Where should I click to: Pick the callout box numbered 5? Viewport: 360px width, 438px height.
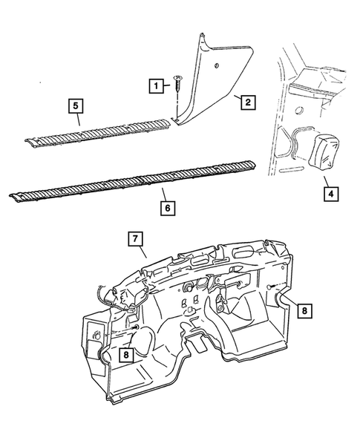pyautogui.click(x=76, y=105)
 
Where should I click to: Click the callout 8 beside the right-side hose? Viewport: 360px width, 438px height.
pyautogui.click(x=306, y=311)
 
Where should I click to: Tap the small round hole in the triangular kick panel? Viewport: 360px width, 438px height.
pyautogui.click(x=216, y=68)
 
